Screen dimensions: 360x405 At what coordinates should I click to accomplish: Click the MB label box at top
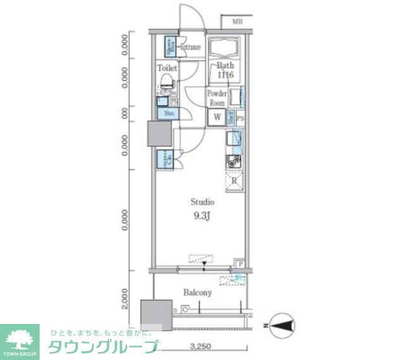click(237, 22)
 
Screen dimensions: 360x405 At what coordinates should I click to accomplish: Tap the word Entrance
click(190, 47)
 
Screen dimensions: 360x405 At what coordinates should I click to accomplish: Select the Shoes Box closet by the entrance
click(170, 46)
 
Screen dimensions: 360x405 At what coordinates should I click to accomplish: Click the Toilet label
click(167, 67)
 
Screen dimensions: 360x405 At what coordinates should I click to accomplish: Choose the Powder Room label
click(217, 98)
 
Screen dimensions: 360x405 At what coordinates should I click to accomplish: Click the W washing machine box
click(217, 116)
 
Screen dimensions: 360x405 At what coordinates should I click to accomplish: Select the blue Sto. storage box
click(169, 113)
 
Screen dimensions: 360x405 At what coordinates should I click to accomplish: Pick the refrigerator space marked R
click(234, 182)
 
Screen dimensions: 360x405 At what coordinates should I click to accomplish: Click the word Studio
click(203, 202)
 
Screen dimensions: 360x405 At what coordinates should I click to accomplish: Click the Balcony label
click(197, 293)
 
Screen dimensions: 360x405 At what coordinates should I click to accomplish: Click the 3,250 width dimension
click(200, 347)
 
